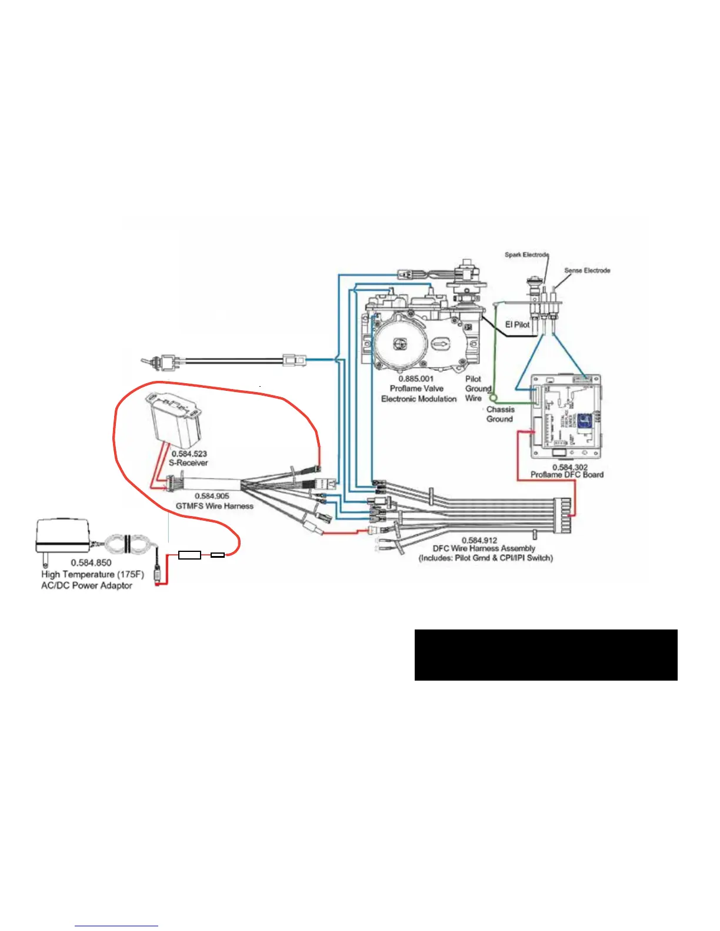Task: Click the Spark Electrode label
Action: point(526,254)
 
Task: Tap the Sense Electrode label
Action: point(587,270)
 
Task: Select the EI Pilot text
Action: point(518,324)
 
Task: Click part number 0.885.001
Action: point(416,379)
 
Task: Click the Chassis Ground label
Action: point(500,414)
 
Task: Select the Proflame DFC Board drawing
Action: point(566,417)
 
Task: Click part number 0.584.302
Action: point(569,467)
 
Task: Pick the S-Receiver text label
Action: point(188,463)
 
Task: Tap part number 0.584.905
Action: point(212,496)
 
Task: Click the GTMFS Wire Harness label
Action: point(214,505)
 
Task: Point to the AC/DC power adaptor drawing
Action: point(62,535)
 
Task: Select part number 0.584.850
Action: point(91,562)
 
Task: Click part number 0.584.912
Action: point(479,540)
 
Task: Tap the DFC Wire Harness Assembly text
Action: point(484,548)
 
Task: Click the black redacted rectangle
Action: point(546,655)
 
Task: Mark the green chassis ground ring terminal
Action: point(494,397)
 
